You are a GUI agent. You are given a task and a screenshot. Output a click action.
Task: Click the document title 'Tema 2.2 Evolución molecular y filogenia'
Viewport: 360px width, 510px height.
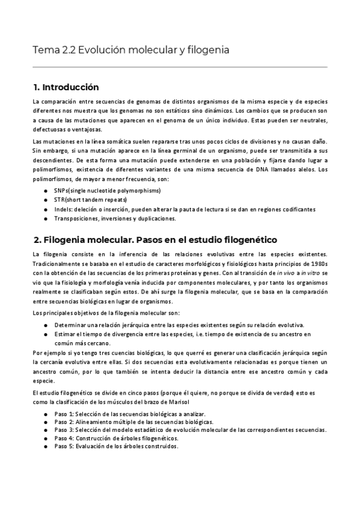(x=130, y=50)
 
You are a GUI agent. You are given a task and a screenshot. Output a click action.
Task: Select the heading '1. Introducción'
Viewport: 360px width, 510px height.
(x=66, y=87)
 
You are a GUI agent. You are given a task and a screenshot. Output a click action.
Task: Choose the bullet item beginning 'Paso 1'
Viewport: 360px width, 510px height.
(x=129, y=414)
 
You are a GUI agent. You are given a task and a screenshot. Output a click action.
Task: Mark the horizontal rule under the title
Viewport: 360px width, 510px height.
(x=180, y=67)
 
